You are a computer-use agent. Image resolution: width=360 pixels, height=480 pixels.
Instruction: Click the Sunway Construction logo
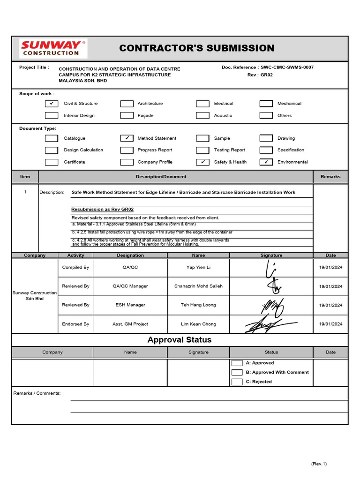point(53,48)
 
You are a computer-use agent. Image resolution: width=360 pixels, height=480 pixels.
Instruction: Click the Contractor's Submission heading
point(196,48)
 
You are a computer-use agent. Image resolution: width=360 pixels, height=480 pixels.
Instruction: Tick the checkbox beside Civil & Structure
point(52,104)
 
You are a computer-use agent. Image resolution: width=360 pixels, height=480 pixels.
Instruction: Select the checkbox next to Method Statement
point(127,138)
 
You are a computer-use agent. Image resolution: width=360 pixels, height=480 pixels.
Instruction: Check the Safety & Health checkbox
point(202,162)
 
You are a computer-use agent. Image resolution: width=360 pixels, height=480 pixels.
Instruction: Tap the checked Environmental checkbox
point(266,162)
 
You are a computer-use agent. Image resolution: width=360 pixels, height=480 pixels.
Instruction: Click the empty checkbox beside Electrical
point(202,104)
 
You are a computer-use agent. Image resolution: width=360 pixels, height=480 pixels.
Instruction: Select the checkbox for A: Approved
point(237,363)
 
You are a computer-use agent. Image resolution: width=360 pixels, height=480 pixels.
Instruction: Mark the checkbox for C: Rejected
point(237,382)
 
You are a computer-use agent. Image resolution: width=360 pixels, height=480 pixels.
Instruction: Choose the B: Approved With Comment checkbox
point(237,372)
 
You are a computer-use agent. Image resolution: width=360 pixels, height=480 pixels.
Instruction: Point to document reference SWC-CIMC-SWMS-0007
point(287,67)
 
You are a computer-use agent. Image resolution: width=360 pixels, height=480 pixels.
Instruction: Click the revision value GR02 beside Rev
point(266,75)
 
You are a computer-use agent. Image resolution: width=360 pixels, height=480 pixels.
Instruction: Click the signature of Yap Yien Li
point(271,268)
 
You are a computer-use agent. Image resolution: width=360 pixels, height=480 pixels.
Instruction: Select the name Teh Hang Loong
point(198,305)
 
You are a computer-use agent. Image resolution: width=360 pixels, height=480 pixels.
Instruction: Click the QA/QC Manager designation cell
point(130,286)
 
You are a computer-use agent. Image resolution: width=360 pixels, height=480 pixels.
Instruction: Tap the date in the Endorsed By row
point(330,324)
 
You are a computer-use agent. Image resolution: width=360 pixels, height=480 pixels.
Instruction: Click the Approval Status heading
point(180,340)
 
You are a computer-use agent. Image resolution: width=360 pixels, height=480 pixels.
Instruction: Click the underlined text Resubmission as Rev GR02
point(98,210)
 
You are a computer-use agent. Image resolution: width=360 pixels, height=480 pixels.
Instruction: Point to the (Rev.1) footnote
point(319,464)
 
